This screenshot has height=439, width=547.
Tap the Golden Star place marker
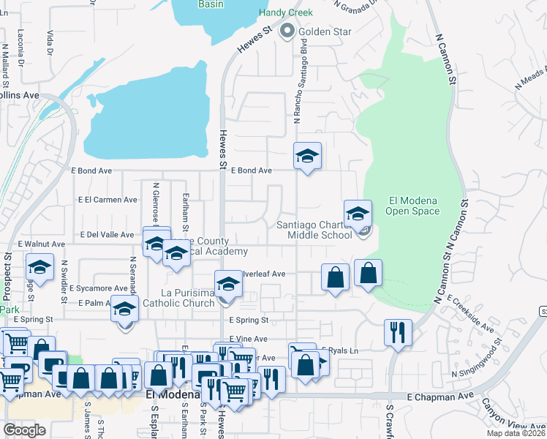coord(287,31)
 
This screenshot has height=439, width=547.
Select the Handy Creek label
coord(286,13)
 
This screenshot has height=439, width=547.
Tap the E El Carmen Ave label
coord(108,199)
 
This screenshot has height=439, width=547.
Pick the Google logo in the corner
coord(24,429)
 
